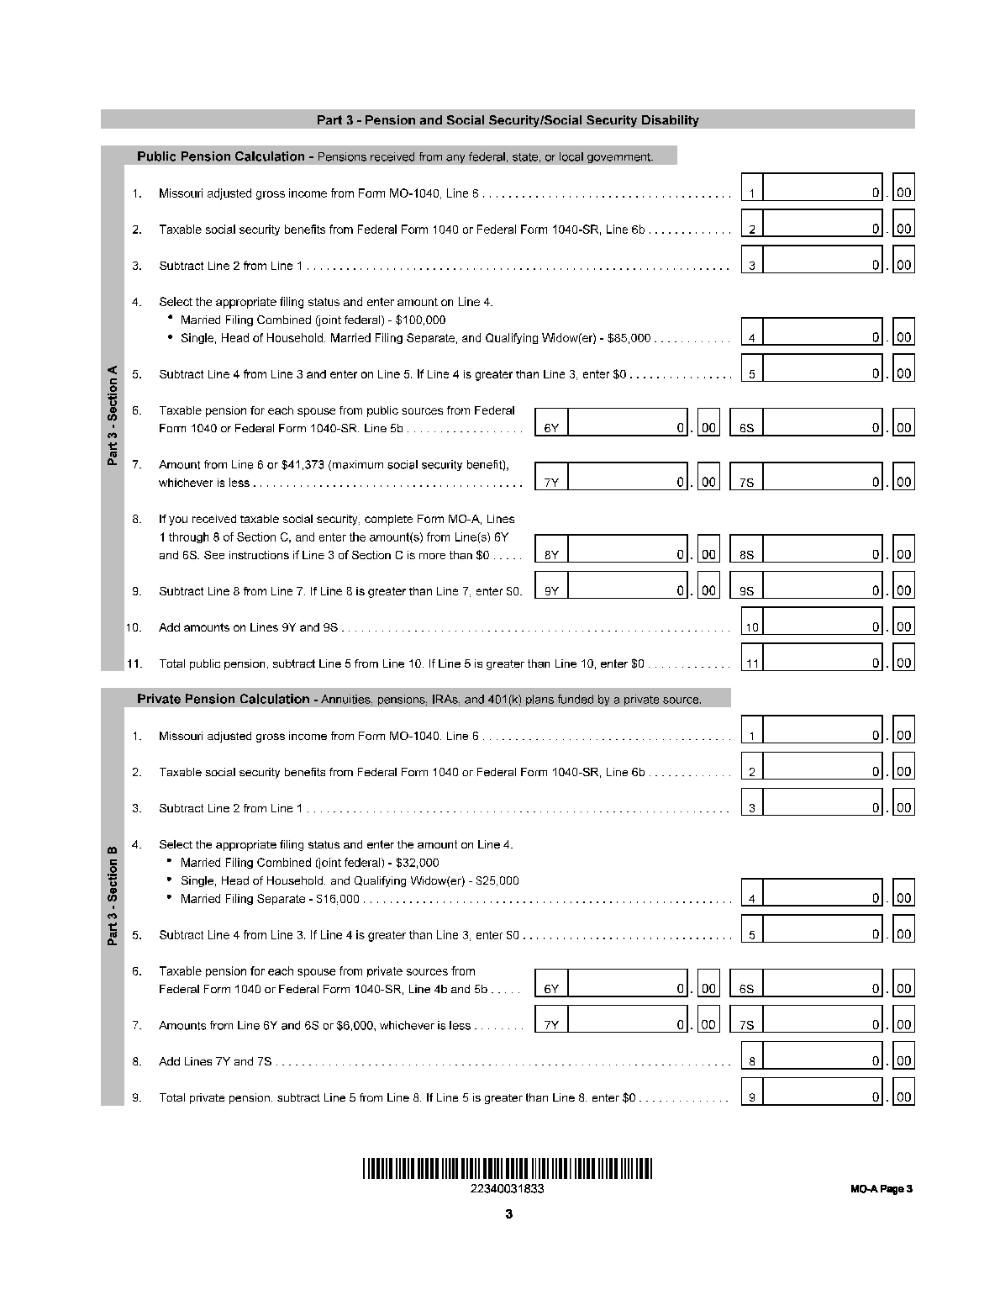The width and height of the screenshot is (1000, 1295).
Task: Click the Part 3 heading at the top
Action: [508, 120]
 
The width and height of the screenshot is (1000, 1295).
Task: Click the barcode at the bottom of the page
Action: [508, 1169]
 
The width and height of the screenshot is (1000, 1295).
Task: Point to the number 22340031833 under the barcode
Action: [508, 1189]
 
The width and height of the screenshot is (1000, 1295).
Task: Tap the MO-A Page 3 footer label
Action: [880, 1189]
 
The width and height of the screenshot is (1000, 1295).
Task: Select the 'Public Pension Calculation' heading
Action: [221, 156]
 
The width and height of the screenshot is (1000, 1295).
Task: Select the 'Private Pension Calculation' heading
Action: [224, 699]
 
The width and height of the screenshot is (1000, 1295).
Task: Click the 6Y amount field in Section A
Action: [628, 427]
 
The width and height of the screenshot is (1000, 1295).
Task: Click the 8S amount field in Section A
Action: [823, 554]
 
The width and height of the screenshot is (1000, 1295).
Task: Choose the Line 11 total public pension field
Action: [823, 663]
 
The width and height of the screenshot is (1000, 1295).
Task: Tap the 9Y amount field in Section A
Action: [628, 590]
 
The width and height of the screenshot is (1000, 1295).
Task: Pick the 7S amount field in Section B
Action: [823, 1024]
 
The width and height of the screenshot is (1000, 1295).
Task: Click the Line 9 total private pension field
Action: [823, 1097]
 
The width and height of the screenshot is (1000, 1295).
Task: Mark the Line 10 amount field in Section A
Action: [823, 626]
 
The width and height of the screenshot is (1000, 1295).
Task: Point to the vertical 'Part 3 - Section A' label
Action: [113, 415]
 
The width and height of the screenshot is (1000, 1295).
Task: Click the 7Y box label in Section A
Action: [551, 483]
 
